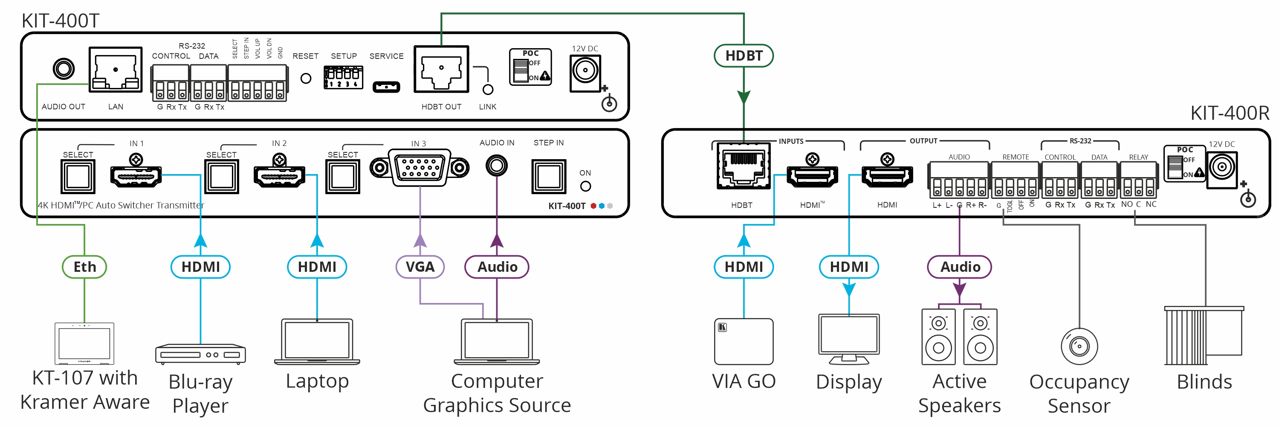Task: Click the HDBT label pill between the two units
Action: (743, 55)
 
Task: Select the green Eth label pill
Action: (84, 267)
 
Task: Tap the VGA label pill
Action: (420, 267)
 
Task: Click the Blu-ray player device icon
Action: (200, 354)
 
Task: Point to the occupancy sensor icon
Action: (1079, 346)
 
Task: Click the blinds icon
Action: (1204, 335)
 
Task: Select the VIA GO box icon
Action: (743, 341)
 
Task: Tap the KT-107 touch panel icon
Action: (84, 344)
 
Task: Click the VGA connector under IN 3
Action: (420, 168)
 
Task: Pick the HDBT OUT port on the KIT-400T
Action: (441, 70)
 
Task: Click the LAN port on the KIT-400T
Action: (116, 70)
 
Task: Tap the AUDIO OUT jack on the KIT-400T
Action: (64, 69)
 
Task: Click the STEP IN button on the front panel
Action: (548, 177)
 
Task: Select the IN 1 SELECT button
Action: (78, 177)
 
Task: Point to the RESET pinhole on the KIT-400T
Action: (306, 79)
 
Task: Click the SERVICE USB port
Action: (386, 87)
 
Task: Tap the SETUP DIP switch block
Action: (343, 78)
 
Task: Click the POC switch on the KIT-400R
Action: (1174, 166)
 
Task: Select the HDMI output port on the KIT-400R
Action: (887, 177)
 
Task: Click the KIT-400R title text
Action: (1230, 114)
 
